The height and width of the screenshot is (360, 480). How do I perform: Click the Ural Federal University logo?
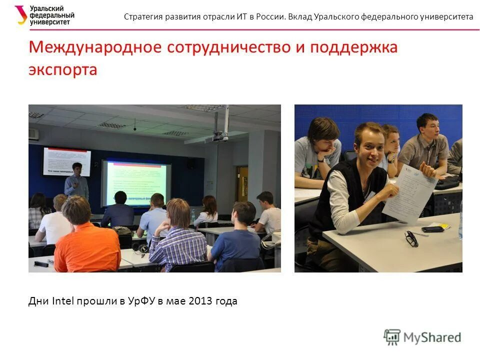pos(44,15)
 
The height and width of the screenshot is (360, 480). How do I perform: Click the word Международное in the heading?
pos(95,47)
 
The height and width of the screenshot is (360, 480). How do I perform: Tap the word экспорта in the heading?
pos(62,70)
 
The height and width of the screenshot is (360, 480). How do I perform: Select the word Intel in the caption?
pos(63,301)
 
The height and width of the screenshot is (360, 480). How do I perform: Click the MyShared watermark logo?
pos(422,337)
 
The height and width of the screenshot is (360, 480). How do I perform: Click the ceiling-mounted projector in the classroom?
pos(219,135)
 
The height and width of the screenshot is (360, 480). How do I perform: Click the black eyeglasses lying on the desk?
pos(411,238)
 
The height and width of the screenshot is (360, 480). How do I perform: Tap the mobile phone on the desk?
pos(432,229)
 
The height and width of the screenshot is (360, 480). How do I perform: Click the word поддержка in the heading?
pos(353,47)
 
